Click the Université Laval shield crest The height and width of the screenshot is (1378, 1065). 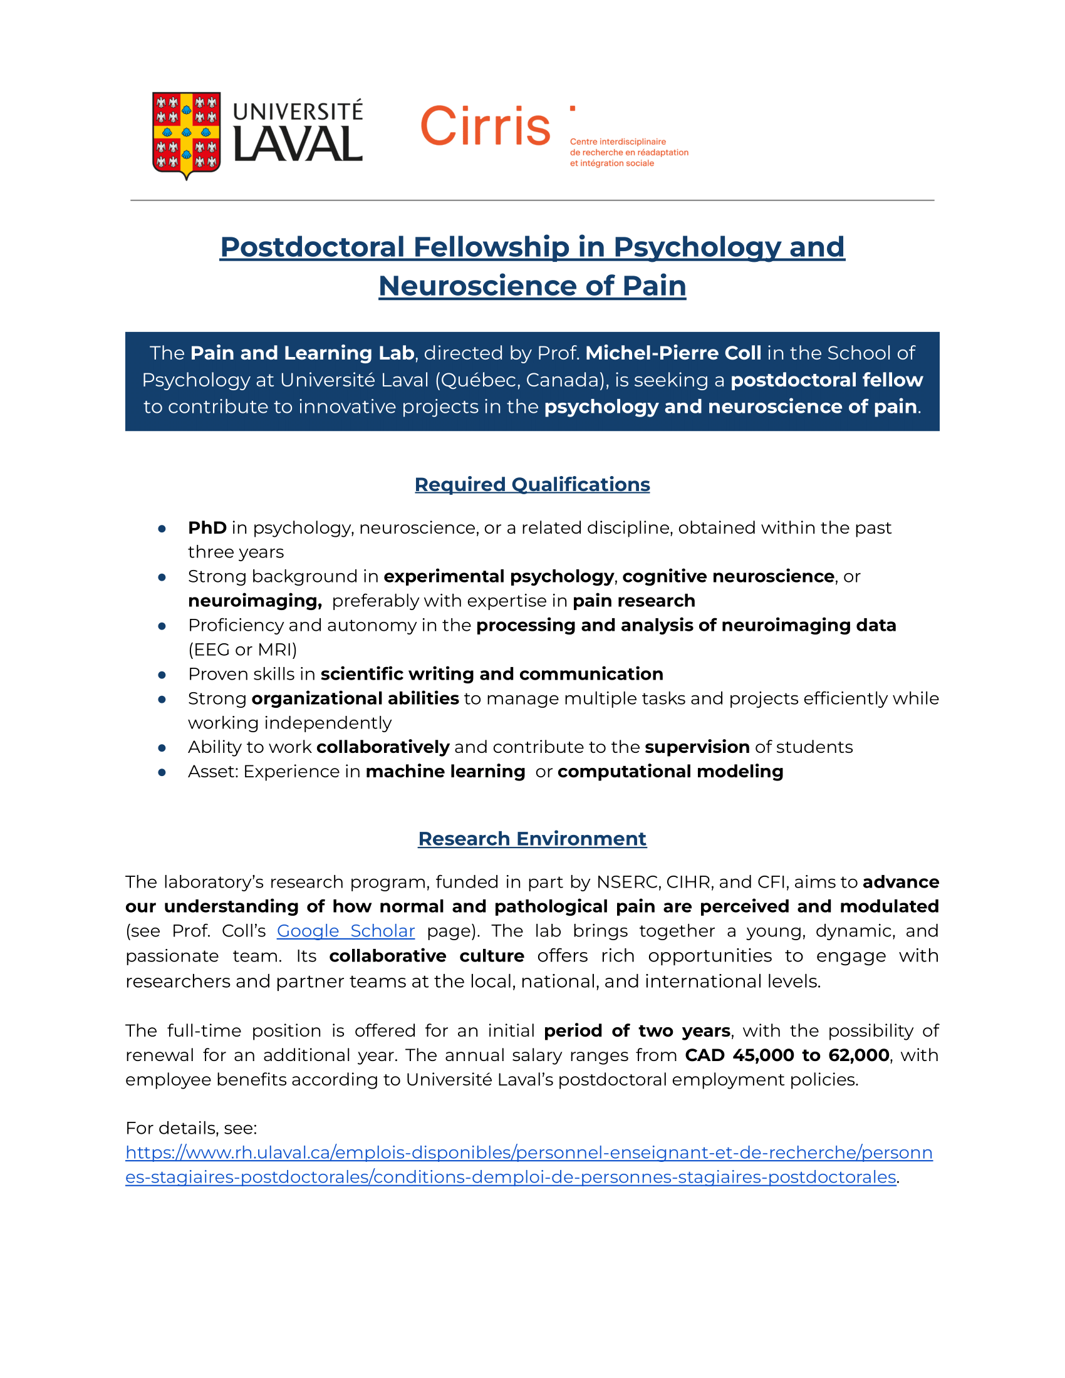coord(186,134)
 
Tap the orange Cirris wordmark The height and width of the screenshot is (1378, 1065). coord(484,126)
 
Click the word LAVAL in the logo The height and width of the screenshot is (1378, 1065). coord(298,145)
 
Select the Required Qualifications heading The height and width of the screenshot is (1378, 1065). coord(532,485)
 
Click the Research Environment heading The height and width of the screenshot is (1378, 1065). coord(532,839)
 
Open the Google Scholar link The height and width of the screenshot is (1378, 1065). coord(346,931)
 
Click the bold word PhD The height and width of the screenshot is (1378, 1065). coord(207,527)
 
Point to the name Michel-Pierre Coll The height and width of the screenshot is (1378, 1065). coord(673,353)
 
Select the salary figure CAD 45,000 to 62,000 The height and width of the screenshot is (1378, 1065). coord(787,1055)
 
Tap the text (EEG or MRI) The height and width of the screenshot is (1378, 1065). coord(242,650)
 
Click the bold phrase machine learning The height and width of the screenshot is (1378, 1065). coord(445,772)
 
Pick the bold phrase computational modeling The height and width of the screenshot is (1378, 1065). coord(670,772)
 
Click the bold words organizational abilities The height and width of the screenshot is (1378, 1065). coord(355,698)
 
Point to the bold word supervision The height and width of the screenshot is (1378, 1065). coord(697,747)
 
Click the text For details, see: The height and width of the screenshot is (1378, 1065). coord(191,1128)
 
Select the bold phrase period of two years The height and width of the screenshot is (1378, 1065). coord(636,1031)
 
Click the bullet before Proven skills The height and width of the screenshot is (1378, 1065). coord(162,675)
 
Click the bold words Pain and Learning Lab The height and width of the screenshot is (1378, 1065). coord(302,353)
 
